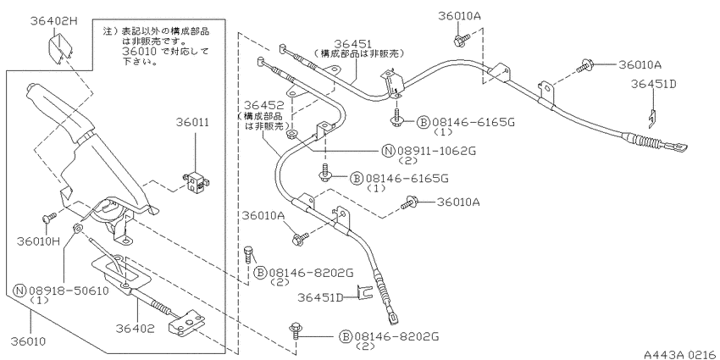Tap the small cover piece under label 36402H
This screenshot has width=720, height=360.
pos(60,48)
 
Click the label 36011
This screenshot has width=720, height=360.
pos(193,123)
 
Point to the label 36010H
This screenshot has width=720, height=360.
pos(38,241)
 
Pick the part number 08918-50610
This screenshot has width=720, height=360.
pos(69,291)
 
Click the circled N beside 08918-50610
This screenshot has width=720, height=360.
pos(19,291)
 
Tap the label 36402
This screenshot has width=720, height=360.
pos(135,329)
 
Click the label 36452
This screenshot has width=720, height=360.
pos(263,105)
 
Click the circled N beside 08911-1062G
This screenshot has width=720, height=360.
pos(388,151)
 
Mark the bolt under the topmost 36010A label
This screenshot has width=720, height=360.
pos(461,40)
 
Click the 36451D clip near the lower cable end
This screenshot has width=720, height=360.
pos(363,292)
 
